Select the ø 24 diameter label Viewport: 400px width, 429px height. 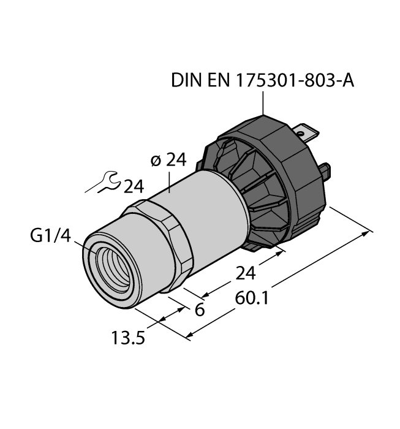coord(168,161)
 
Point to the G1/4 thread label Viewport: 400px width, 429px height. coord(48,237)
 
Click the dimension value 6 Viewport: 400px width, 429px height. coord(198,309)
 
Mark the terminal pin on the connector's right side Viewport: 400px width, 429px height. coord(328,171)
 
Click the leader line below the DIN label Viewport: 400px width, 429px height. coord(264,102)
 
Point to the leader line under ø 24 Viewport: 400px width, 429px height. coord(169,181)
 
